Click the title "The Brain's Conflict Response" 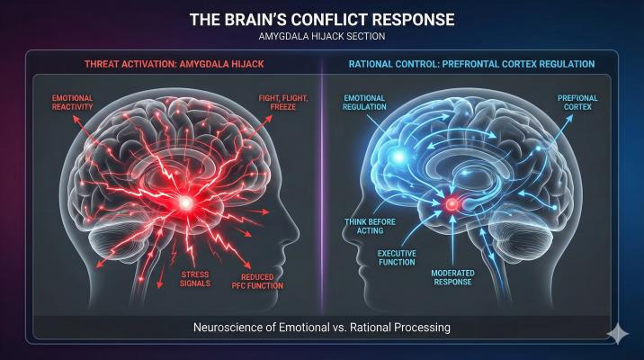[x=322, y=19]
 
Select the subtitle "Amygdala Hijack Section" [x=322, y=36]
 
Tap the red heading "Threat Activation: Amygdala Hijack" [x=174, y=64]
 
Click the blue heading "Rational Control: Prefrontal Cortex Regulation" [x=471, y=64]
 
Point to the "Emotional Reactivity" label [x=72, y=103]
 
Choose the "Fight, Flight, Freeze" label [x=283, y=103]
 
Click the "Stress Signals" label [x=195, y=279]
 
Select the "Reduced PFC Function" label [x=257, y=282]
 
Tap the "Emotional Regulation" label [x=364, y=103]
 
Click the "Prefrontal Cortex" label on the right [x=577, y=103]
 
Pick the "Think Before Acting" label [x=370, y=226]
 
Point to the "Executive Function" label [x=397, y=257]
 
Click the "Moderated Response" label [x=452, y=277]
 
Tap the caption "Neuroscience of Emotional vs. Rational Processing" [x=322, y=328]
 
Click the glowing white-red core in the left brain [x=185, y=202]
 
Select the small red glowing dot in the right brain [x=452, y=204]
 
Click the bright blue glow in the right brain [x=398, y=157]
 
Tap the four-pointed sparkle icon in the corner [x=618, y=334]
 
